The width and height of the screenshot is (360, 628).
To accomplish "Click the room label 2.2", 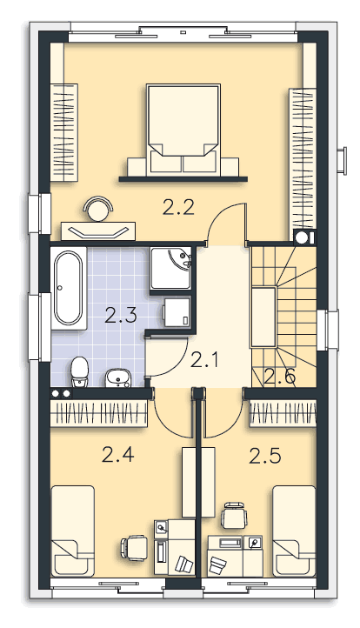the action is tap(178, 208).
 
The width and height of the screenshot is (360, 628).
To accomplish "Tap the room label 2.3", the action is tap(121, 315).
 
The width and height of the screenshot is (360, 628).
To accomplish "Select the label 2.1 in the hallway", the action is tap(204, 360).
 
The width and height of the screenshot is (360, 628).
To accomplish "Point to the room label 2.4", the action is tap(117, 455).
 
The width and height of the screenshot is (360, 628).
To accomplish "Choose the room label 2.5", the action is tap(264, 456).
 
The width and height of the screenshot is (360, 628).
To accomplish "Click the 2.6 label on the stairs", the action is tap(280, 377).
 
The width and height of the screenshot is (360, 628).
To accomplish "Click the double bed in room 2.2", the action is tap(183, 130).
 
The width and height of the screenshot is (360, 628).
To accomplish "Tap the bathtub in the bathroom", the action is tap(69, 288).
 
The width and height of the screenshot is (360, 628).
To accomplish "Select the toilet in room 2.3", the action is tap(79, 372).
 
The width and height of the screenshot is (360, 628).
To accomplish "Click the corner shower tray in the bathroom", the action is tap(170, 268).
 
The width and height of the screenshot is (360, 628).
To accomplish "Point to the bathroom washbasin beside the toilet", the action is tap(118, 378).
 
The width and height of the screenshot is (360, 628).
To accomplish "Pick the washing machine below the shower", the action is tap(177, 312).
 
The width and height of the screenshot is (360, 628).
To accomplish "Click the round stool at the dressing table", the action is tap(97, 209).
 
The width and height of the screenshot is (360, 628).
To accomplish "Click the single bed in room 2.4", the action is tap(73, 531).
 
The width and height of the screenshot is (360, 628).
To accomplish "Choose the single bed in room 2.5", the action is tap(294, 531).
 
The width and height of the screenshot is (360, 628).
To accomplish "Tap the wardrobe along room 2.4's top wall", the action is tap(99, 413).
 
